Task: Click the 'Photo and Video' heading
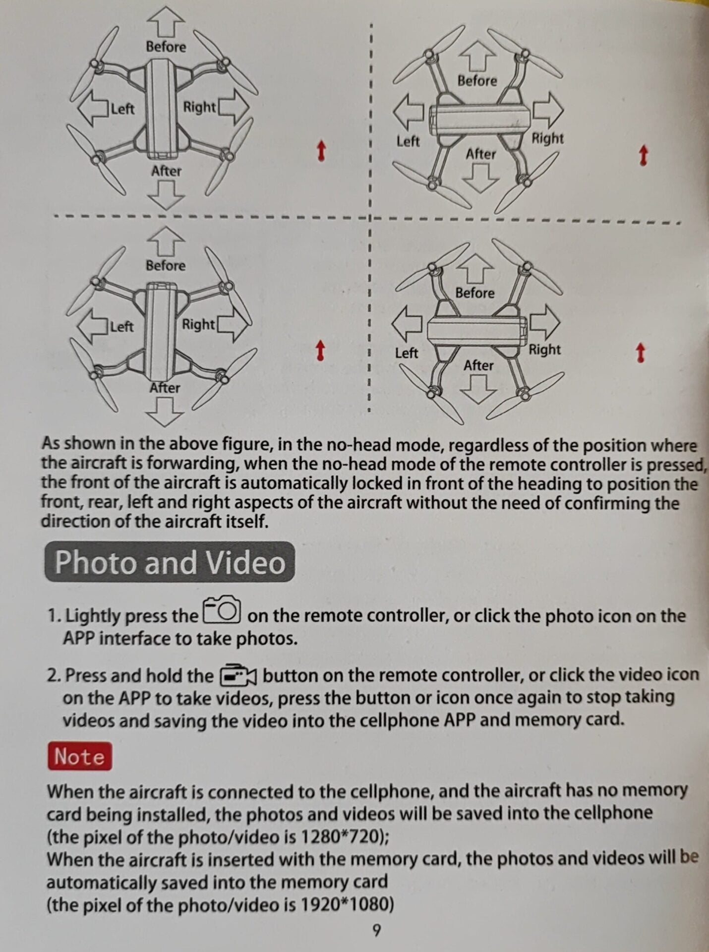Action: point(170,562)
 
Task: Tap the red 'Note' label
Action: point(80,756)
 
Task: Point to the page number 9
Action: point(377,930)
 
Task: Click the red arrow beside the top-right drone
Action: point(643,155)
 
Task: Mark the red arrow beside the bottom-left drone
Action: point(320,350)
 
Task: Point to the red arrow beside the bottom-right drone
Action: point(640,353)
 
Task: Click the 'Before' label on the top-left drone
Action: point(166,47)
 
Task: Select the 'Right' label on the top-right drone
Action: point(547,138)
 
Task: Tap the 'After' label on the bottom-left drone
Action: point(165,387)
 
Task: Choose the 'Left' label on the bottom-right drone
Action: point(407,353)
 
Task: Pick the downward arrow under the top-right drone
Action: point(479,177)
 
